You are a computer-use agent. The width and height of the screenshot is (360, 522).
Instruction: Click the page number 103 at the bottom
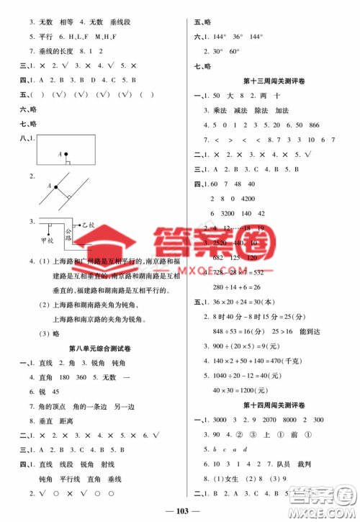click(x=180, y=510)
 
